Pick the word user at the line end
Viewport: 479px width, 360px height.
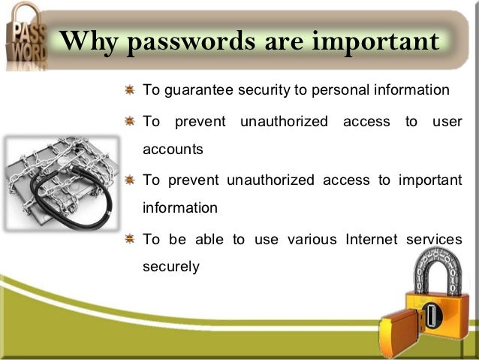[447, 120]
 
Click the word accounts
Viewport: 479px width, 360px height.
[173, 149]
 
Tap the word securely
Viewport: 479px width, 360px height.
[171, 267]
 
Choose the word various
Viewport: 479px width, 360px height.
[314, 239]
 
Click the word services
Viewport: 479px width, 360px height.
[435, 239]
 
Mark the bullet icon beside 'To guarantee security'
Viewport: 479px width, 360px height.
[129, 91]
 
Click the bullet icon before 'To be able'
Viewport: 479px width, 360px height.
[129, 239]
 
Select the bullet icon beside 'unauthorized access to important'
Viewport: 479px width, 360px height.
[129, 180]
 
